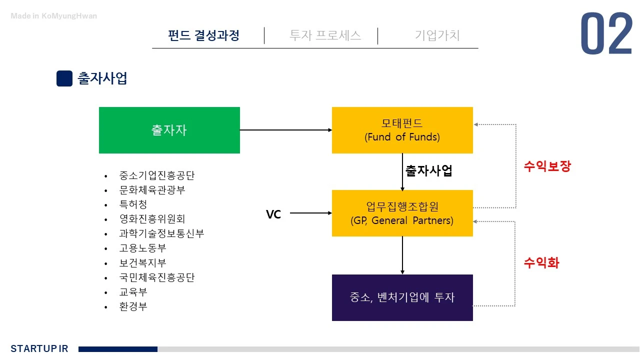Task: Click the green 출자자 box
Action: [169, 130]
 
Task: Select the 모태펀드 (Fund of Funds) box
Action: [402, 130]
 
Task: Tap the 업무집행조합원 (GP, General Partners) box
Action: [402, 213]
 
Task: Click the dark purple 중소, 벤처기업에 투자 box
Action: [402, 297]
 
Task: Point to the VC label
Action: [273, 214]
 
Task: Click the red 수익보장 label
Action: [547, 166]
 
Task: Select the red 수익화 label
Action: [541, 262]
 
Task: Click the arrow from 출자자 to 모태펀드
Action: [285, 130]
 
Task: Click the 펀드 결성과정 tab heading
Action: [204, 35]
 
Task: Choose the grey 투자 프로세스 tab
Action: [325, 35]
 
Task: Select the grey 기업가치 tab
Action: [437, 35]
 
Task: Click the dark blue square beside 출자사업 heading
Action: [64, 78]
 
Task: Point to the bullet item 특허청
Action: [133, 204]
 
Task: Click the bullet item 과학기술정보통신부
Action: [161, 233]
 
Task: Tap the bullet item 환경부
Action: [133, 306]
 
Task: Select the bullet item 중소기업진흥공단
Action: [156, 175]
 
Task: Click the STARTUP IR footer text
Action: [39, 348]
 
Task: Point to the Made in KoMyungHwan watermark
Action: [54, 16]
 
